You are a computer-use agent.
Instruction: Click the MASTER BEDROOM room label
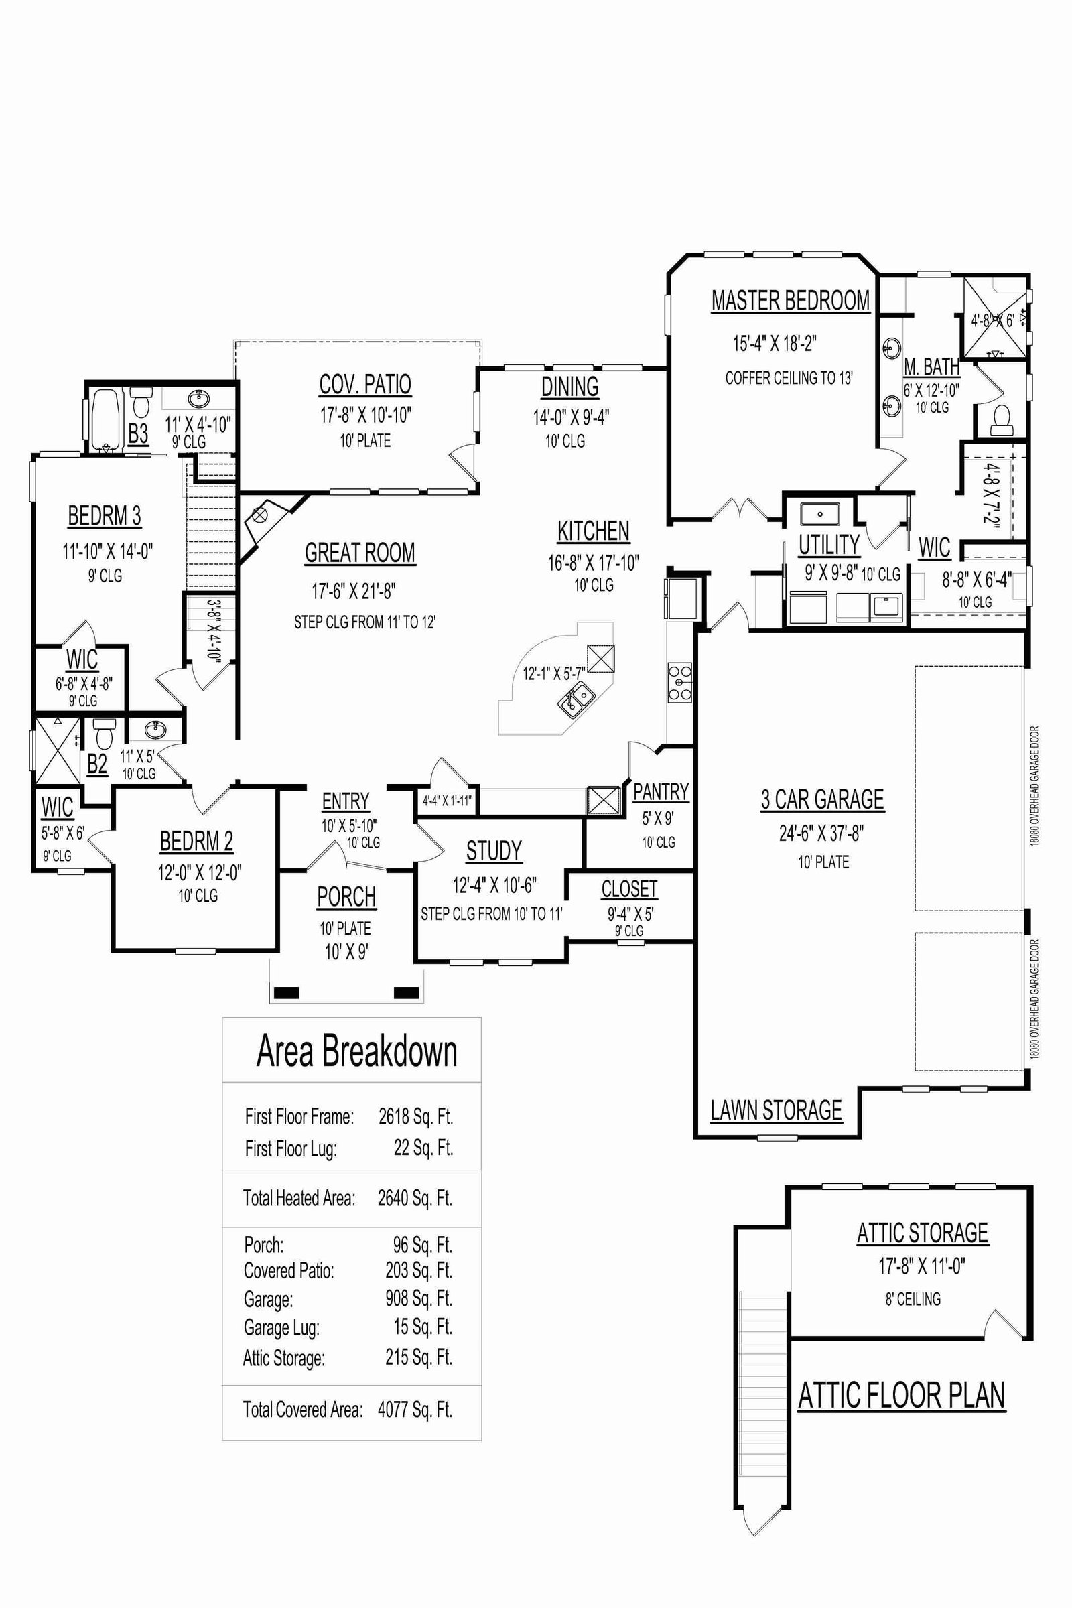click(x=791, y=300)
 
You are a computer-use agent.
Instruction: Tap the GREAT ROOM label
click(x=360, y=552)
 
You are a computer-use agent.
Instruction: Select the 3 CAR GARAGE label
click(x=823, y=799)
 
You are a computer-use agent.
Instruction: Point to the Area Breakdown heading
click(x=357, y=1051)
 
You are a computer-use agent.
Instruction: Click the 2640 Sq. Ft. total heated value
click(x=415, y=1198)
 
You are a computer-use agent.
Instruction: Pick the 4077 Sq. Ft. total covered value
click(x=415, y=1409)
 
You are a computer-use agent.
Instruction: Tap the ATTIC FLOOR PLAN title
click(x=901, y=1395)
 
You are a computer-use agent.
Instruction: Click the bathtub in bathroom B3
click(x=105, y=418)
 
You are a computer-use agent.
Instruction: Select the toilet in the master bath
click(x=1002, y=419)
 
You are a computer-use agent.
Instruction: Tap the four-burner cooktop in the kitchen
click(x=679, y=682)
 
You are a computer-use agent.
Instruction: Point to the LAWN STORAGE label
click(x=776, y=1110)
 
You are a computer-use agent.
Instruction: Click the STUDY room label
click(x=494, y=850)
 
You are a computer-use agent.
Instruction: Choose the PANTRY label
click(x=661, y=791)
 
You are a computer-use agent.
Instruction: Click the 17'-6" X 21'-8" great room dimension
click(x=354, y=590)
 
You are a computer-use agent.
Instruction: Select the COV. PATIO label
click(x=365, y=384)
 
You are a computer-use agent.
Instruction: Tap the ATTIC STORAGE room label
click(x=923, y=1233)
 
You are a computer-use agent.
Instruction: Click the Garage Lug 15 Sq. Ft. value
click(x=423, y=1327)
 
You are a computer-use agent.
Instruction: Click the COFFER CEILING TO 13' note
click(x=789, y=377)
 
